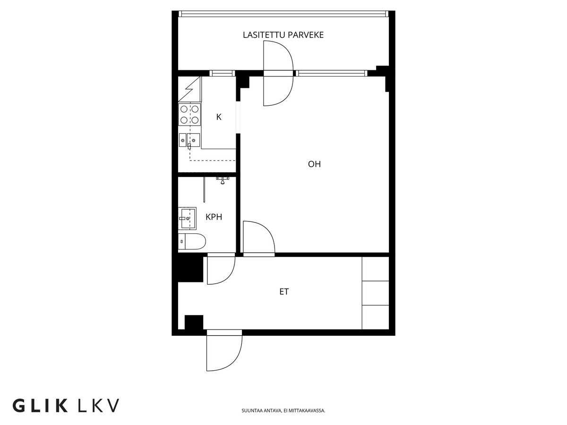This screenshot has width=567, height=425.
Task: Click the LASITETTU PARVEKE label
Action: pos(283,35)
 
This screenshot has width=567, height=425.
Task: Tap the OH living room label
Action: pos(314,164)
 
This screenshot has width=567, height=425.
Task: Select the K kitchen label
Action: pos(219,117)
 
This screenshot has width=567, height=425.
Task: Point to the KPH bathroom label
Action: pos(214,217)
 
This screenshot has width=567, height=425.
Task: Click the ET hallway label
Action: pos(284,291)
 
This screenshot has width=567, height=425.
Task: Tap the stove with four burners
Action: pos(189,114)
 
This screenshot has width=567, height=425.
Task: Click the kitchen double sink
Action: pos(189,140)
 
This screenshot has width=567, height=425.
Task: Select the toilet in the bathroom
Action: pos(192,241)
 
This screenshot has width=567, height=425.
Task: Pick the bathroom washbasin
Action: pos(187,218)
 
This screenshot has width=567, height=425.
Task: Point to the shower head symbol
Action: pos(222,180)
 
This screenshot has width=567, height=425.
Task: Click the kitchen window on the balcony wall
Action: pos(222,73)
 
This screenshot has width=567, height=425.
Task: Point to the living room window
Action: pos(332,73)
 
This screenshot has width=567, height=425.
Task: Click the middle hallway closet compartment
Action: pos(375,293)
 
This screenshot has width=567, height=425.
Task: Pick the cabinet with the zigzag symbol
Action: pos(189,89)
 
